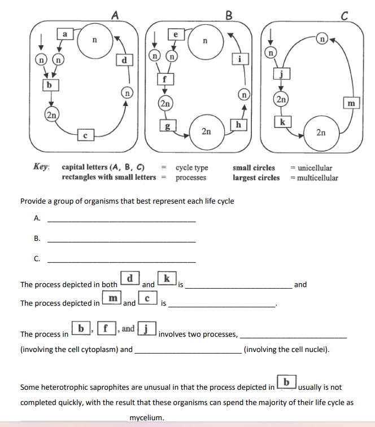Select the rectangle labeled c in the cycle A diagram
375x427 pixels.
pos(85,135)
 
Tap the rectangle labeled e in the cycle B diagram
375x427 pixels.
pos(176,34)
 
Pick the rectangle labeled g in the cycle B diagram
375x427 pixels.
pos(167,125)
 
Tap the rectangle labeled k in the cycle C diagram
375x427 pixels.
pos(282,122)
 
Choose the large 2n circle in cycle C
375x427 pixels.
pos(320,132)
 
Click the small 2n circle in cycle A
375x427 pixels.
pos(51,115)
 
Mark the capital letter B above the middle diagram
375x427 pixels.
pos(228,15)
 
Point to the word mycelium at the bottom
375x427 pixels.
pos(146,418)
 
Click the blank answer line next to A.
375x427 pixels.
pos(121,221)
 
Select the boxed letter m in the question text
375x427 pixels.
pos(112,297)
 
